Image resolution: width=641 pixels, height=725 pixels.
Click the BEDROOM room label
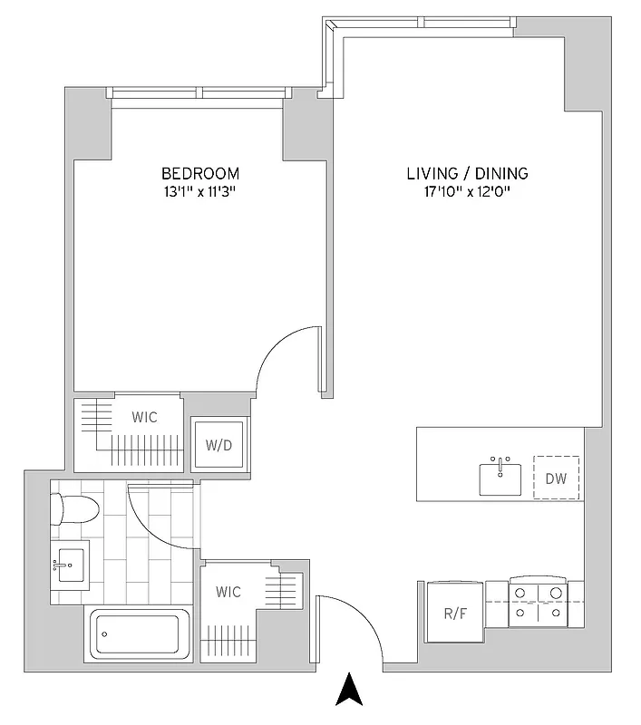coord(200,173)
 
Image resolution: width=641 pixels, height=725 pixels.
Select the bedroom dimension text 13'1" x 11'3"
coord(200,191)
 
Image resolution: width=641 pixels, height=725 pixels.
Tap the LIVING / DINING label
coord(467,173)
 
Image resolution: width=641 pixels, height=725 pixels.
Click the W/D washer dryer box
coord(219,444)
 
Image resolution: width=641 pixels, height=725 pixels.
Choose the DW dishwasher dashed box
coord(556,478)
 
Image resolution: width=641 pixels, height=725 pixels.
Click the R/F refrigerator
coord(455,612)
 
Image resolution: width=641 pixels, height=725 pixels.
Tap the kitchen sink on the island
coord(501,477)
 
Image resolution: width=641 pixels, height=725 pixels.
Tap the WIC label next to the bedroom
coord(143,417)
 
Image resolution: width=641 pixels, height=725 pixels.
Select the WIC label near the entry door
coord(228,592)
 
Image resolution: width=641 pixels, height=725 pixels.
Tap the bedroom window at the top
coord(199,92)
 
